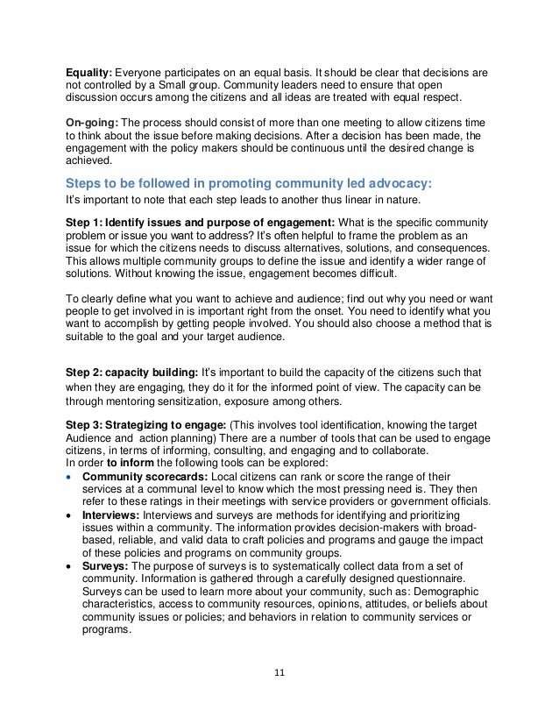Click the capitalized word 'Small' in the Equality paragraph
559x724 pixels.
[x=179, y=85]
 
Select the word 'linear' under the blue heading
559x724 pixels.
[x=365, y=201]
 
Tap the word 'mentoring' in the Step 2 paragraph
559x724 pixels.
[x=140, y=402]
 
